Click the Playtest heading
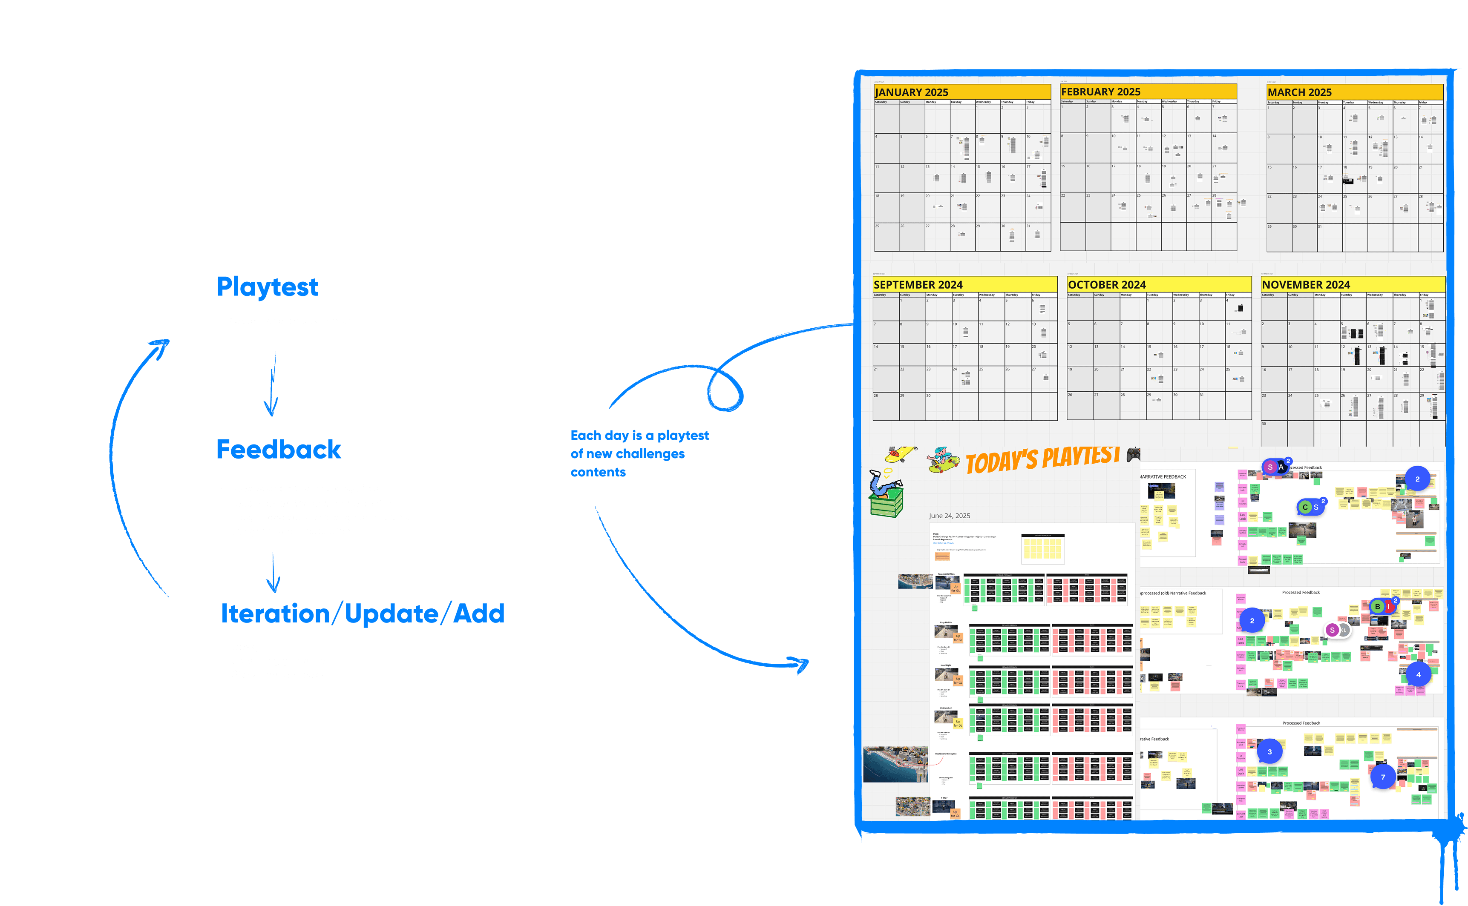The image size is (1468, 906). [268, 287]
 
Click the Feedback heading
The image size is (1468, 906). [279, 450]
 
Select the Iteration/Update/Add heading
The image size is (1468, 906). [363, 614]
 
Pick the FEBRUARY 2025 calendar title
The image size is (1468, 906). [1100, 92]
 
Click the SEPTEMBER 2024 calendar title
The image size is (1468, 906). [918, 285]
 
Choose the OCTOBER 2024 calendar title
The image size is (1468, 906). [1107, 285]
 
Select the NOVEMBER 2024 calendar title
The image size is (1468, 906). [1306, 285]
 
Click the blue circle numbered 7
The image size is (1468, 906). [1383, 777]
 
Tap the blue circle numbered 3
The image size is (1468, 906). [1269, 751]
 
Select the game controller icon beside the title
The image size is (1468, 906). [1133, 455]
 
